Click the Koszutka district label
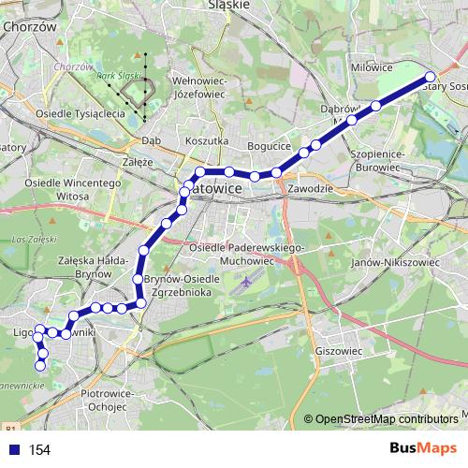[208, 140]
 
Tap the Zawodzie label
[311, 188]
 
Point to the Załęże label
[138, 161]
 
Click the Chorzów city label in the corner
[31, 28]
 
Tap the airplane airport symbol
[246, 281]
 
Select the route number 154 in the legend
[39, 450]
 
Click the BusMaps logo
[423, 448]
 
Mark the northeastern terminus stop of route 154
[431, 77]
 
